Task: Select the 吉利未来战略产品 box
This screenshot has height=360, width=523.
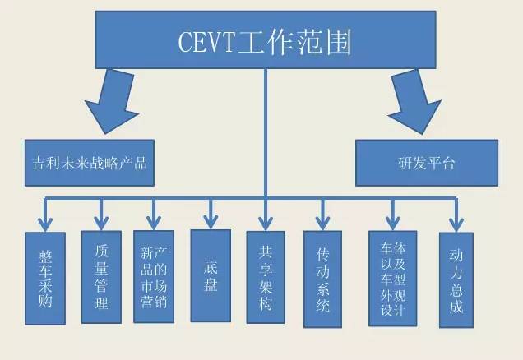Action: click(90, 162)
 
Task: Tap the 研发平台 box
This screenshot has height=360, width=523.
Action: click(426, 162)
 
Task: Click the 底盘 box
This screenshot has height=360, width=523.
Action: click(210, 272)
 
